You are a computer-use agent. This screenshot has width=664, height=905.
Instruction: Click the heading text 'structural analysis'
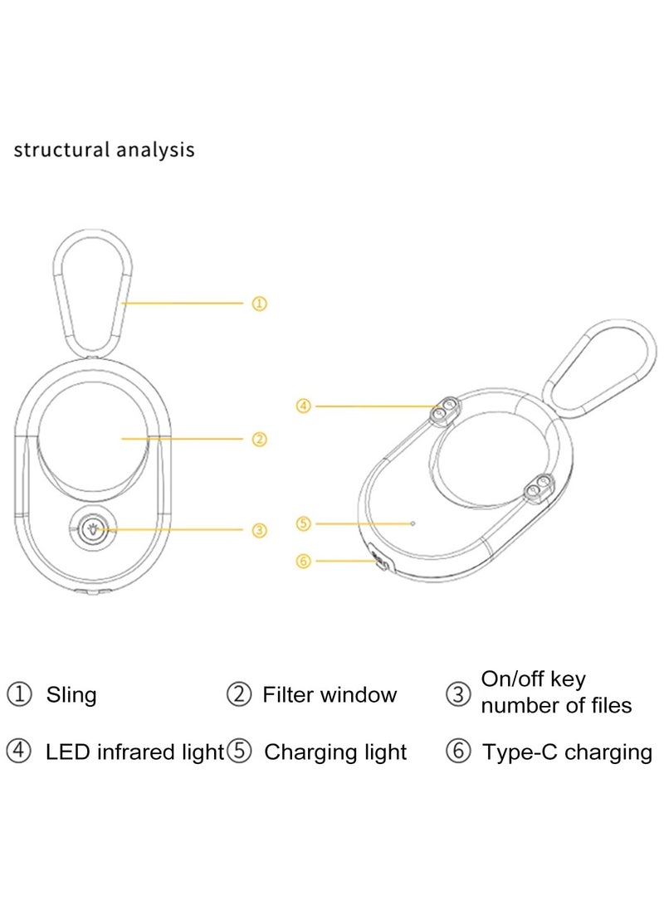coord(104,150)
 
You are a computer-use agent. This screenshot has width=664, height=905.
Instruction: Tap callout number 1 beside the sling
coord(260,304)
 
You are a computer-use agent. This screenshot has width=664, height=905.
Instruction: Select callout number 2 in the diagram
coord(260,439)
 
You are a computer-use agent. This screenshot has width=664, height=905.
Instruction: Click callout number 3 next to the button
coord(260,529)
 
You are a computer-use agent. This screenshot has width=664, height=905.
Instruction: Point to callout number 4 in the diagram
coord(304,406)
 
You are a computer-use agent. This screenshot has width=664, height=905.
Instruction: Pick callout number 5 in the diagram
coord(304,523)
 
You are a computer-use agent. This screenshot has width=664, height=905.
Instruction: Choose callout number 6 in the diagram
coord(304,562)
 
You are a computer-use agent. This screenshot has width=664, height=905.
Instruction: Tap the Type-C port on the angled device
coord(378,562)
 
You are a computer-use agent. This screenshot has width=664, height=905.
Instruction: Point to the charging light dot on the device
coord(413,523)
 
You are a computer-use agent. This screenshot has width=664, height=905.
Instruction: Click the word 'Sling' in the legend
coord(71,694)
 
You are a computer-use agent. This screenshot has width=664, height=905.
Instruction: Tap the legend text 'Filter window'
coord(330,694)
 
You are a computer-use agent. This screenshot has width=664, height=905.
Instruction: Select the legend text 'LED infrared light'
coord(134,752)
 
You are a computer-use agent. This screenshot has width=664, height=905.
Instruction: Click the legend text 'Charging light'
coord(335,752)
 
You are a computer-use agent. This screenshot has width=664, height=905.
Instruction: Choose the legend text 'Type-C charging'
coord(567,752)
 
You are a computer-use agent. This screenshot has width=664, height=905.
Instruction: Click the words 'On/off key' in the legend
coord(534,679)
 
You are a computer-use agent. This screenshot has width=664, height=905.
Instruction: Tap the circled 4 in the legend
coord(18,752)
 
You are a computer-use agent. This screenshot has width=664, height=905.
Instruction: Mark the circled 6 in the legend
coord(457,752)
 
